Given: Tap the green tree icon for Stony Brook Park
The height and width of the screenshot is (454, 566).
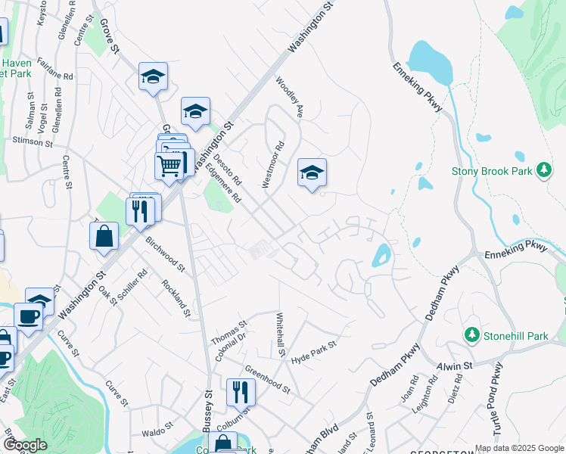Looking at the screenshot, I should pyautogui.click(x=543, y=171).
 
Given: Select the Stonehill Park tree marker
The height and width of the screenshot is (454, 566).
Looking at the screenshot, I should pyautogui.click(x=471, y=334).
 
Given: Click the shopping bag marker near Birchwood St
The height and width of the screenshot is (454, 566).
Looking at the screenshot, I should pyautogui.click(x=104, y=236).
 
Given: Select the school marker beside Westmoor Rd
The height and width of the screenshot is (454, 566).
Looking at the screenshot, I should pyautogui.click(x=311, y=173).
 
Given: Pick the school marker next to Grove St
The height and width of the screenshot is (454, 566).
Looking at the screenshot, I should pyautogui.click(x=153, y=77).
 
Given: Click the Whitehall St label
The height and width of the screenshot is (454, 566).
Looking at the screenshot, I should pyautogui.click(x=279, y=335).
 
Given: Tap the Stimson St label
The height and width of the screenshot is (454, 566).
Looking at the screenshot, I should pyautogui.click(x=33, y=141).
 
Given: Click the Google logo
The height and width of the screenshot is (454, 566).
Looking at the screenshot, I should pyautogui.click(x=25, y=445).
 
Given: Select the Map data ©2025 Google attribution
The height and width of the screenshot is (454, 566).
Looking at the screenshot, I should pyautogui.click(x=518, y=448).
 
